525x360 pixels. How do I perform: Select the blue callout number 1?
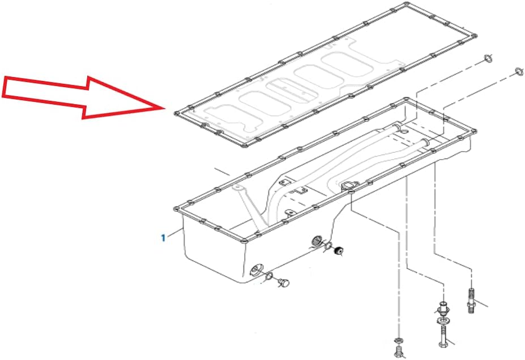(x=163, y=238)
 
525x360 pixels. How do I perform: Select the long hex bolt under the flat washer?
(x=442, y=338)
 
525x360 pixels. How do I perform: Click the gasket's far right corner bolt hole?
(x=471, y=40)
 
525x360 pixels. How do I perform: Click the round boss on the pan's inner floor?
(x=348, y=186)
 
